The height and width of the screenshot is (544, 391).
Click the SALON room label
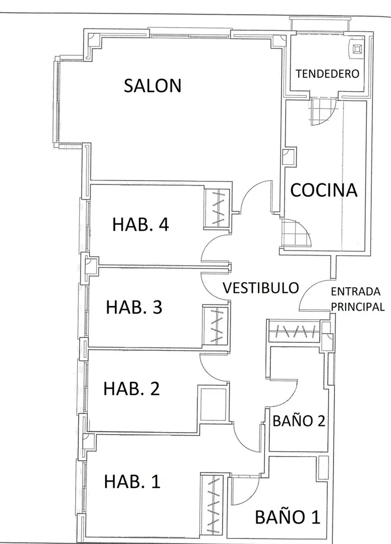click(153, 86)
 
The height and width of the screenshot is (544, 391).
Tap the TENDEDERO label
click(327, 74)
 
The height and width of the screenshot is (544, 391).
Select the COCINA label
click(323, 190)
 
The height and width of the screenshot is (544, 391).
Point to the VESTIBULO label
click(260, 288)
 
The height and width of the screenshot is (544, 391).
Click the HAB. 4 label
click(140, 224)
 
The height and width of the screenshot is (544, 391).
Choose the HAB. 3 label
click(134, 308)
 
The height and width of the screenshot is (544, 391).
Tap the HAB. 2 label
click(132, 389)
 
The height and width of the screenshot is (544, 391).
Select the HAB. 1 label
click(132, 481)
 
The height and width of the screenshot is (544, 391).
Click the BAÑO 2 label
click(299, 421)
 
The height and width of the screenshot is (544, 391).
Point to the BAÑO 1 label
click(288, 517)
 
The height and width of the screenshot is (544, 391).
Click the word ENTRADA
click(356, 291)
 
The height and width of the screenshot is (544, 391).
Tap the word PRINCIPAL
click(358, 307)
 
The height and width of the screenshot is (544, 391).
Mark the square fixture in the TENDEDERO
click(357, 49)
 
